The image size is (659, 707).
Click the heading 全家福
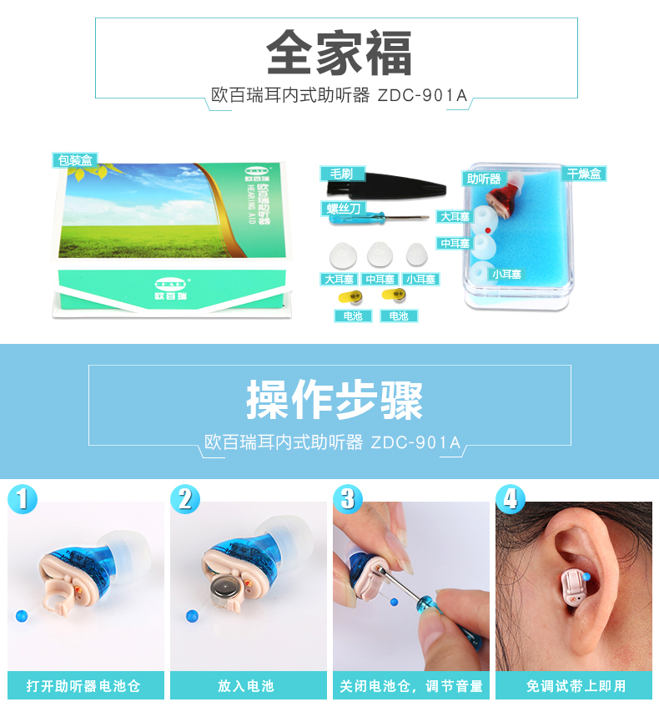(339, 53)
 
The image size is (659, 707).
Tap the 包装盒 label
(75, 160)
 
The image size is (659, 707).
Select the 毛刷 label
(342, 174)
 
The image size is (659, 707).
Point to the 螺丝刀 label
(344, 209)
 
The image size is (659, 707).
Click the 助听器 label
(484, 179)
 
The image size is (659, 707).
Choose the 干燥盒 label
(584, 174)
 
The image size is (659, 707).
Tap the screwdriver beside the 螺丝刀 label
(380, 219)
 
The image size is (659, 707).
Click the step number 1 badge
(23, 499)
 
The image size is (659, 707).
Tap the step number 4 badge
(511, 499)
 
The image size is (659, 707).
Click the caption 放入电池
(246, 686)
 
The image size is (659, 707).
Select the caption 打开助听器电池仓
(83, 686)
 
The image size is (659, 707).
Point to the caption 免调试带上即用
(576, 686)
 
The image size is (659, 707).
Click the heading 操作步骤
(335, 400)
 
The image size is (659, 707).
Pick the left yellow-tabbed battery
(350, 297)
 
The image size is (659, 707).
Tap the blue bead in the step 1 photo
(22, 615)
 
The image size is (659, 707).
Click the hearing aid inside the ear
(573, 588)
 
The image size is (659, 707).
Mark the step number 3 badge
(348, 499)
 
